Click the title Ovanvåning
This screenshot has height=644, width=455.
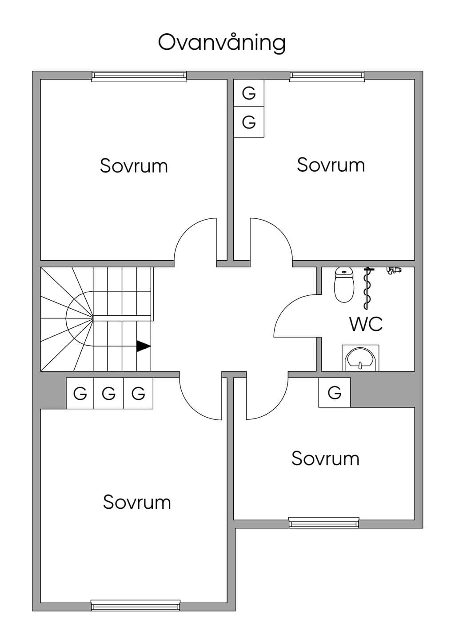[222, 43]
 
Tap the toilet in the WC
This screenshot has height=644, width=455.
[344, 285]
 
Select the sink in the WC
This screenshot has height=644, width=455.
[360, 358]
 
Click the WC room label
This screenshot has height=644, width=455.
[366, 324]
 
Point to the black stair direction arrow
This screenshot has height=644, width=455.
[144, 346]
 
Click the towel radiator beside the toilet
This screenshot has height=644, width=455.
[367, 288]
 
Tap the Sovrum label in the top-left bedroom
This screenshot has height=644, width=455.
[134, 165]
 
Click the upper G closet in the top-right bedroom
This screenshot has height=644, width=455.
[249, 93]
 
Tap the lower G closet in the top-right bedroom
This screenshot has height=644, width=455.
[249, 122]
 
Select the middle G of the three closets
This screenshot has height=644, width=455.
[108, 393]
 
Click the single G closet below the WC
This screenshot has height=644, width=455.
[334, 392]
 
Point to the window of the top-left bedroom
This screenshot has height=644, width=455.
[139, 76]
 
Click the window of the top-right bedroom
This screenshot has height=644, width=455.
[327, 76]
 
